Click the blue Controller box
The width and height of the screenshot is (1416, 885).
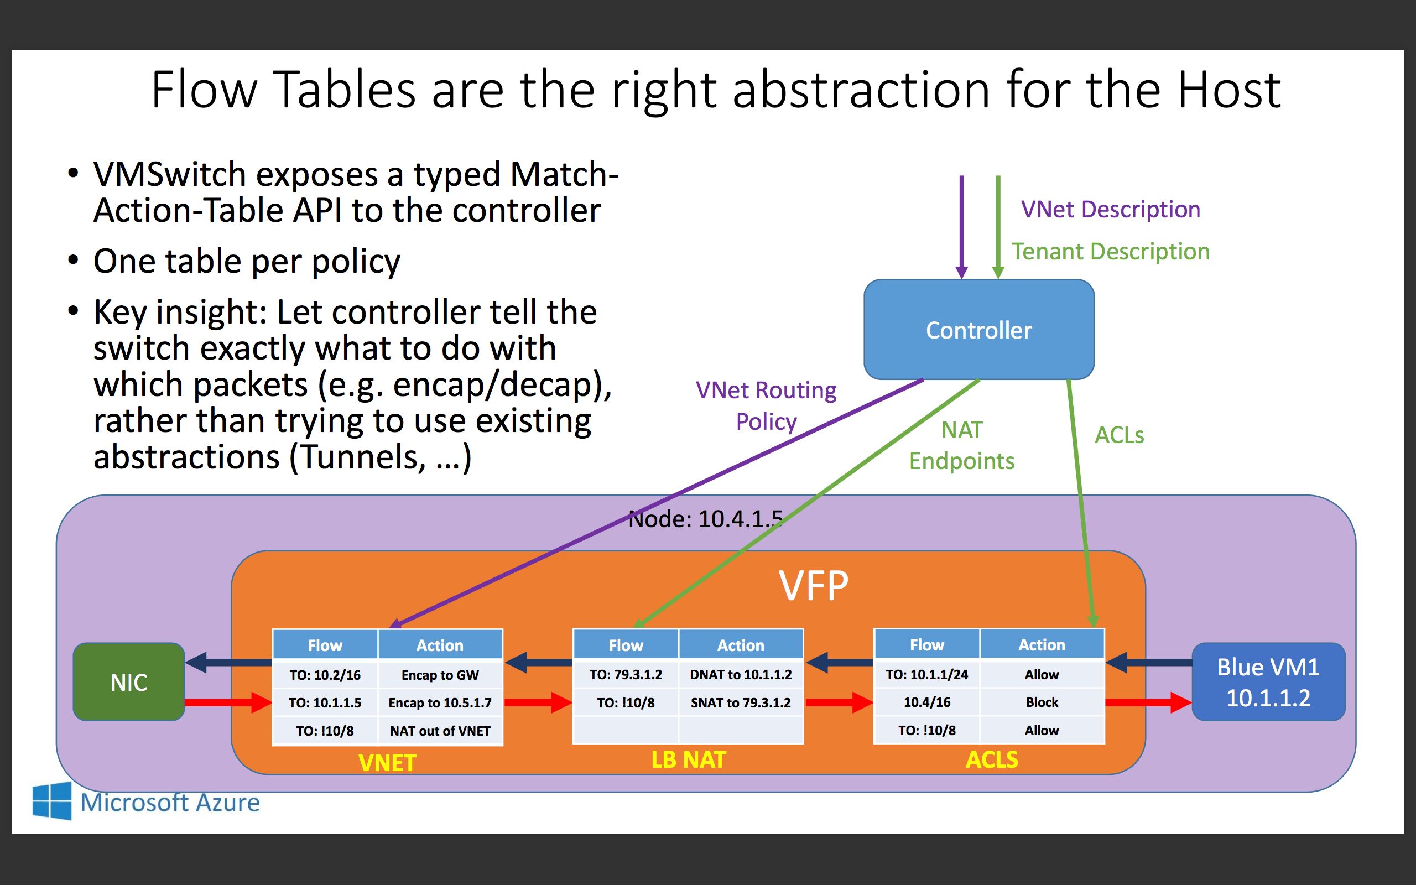tap(979, 330)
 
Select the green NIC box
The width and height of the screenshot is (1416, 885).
tap(129, 682)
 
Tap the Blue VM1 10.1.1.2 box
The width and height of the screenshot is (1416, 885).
tap(1268, 682)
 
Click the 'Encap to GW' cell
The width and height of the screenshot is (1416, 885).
tap(440, 675)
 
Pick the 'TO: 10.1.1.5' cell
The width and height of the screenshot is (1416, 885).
tap(325, 702)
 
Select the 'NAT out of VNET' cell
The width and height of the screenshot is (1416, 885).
tap(440, 731)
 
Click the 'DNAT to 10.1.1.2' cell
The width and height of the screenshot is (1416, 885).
tap(741, 674)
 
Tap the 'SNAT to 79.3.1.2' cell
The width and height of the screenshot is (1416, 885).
tap(741, 702)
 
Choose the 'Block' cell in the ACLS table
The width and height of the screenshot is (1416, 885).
tap(1042, 702)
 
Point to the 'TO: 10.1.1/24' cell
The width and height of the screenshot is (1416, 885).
tap(927, 674)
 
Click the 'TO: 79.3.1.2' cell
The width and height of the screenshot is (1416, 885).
tap(626, 674)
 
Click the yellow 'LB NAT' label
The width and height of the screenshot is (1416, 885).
tap(689, 760)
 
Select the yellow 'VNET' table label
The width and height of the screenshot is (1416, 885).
tap(387, 763)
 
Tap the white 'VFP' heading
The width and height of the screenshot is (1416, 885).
tap(813, 585)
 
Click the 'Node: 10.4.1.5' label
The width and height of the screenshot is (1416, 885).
tap(705, 519)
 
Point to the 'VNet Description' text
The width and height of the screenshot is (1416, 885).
tap(1111, 209)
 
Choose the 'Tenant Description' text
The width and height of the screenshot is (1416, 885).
tap(1111, 251)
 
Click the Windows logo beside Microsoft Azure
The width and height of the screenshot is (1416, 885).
tap(52, 801)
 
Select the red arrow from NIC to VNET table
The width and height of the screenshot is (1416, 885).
tap(228, 702)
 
